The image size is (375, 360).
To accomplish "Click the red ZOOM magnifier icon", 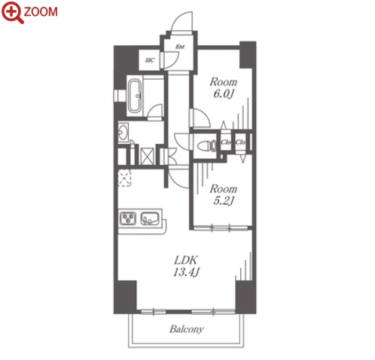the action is coord(12,12).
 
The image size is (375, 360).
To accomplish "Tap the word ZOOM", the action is coord(41,12).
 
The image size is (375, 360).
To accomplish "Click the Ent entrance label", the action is coord(180,47).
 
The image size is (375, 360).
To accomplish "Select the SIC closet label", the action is coord(150,60).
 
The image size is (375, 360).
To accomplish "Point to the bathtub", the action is coord(135,96).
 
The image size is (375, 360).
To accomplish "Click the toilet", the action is coord(206,146).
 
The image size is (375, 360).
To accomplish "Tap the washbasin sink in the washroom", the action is coord(123,133).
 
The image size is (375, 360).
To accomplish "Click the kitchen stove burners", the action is coord(128,218).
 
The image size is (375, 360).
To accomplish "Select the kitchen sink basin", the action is coord(150,218).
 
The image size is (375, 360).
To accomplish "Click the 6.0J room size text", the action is coord(224,94).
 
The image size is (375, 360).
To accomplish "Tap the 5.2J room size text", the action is coord(224,201).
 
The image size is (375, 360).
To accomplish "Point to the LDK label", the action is coord(186,261).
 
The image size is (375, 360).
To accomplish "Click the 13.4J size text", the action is coord(186,272).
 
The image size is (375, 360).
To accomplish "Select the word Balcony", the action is coord(187,329).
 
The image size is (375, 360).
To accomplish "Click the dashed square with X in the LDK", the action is coord(125,178).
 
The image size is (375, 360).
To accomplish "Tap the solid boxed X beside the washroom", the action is coord(148,157).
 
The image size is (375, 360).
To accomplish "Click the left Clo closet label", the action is coord(226,142).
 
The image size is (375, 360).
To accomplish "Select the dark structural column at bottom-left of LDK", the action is coord(125,297).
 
